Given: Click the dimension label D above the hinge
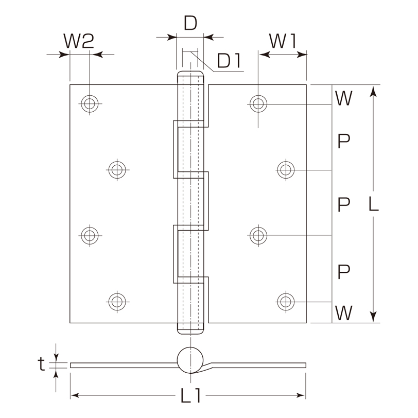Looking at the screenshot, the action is (190, 23).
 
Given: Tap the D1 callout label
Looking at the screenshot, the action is (229, 61).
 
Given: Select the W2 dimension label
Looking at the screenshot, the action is (79, 41).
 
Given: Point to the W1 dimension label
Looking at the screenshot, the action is (283, 41).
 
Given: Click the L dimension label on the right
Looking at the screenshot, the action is (374, 204).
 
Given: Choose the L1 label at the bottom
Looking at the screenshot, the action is (190, 395).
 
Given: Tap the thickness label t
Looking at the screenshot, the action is (41, 364).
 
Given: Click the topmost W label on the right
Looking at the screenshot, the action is (344, 98).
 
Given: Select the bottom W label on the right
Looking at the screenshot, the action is (344, 312).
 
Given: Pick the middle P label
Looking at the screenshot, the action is (344, 204).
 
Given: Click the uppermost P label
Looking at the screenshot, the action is (344, 141).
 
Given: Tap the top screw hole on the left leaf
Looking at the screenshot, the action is (90, 103).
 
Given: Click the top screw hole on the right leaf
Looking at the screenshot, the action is (258, 103).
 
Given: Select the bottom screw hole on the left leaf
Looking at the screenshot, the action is (117, 302).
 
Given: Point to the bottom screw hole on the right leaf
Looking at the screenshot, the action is (286, 302).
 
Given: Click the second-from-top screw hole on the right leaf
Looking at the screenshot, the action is (286, 169).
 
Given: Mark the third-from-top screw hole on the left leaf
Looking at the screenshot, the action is (90, 235).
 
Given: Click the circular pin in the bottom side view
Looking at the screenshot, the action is (190, 360).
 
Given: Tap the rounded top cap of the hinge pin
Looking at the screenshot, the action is (190, 74).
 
